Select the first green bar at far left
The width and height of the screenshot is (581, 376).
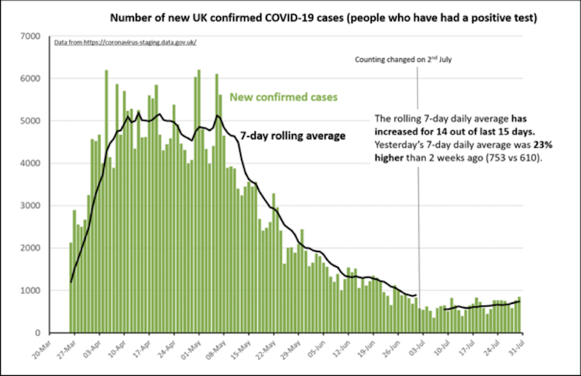pyautogui.click(x=70, y=288)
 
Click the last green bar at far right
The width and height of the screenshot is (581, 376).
pyautogui.click(x=519, y=315)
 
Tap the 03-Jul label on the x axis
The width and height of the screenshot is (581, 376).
pyautogui.click(x=414, y=349)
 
